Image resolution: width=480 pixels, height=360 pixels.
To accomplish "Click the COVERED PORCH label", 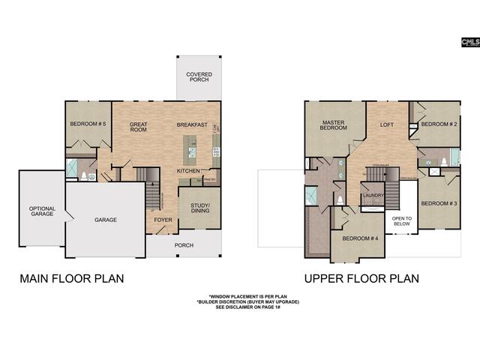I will (199, 77).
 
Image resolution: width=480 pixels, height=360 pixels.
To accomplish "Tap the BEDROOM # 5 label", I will (88, 124).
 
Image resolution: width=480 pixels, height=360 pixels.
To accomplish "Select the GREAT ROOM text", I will (139, 127).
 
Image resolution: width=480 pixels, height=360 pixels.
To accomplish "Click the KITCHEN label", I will (188, 171).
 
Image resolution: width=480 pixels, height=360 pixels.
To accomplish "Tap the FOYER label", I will (163, 220).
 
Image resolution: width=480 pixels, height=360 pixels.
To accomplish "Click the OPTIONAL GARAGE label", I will (42, 211).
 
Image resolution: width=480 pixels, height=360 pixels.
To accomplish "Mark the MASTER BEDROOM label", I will (333, 125).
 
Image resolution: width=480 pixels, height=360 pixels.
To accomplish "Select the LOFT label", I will (386, 124).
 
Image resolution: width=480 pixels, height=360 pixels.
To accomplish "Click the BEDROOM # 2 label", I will (438, 124).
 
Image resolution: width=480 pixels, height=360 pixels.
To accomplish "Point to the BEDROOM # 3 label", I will (438, 203).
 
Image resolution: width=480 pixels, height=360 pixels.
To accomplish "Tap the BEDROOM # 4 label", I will (360, 238).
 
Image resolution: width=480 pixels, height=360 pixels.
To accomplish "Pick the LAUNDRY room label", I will (373, 196).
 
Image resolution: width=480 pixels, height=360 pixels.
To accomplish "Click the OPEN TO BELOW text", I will (401, 221).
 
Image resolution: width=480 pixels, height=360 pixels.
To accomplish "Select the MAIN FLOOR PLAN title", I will (71, 278).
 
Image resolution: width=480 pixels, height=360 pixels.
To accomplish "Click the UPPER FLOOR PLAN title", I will (361, 278).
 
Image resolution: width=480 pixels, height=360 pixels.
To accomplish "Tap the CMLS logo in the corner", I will (469, 44).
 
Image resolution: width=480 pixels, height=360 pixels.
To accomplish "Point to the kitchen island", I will (193, 154).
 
